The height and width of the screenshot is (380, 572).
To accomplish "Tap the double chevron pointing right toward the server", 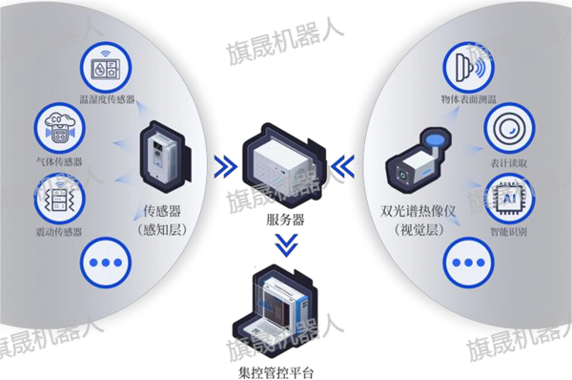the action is [225, 167].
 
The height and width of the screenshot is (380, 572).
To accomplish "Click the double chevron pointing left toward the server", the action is [341, 167].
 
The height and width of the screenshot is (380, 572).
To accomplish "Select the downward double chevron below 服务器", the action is [283, 248].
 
